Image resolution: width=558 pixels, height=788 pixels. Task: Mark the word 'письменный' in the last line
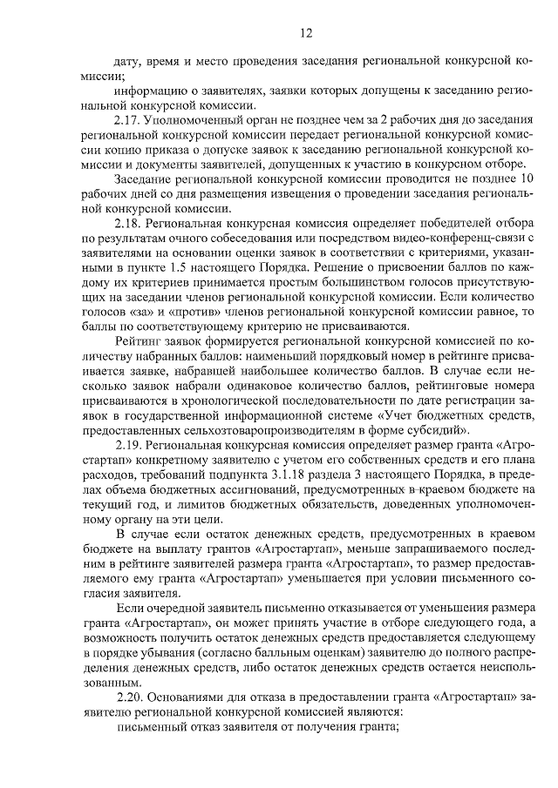[148, 729]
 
